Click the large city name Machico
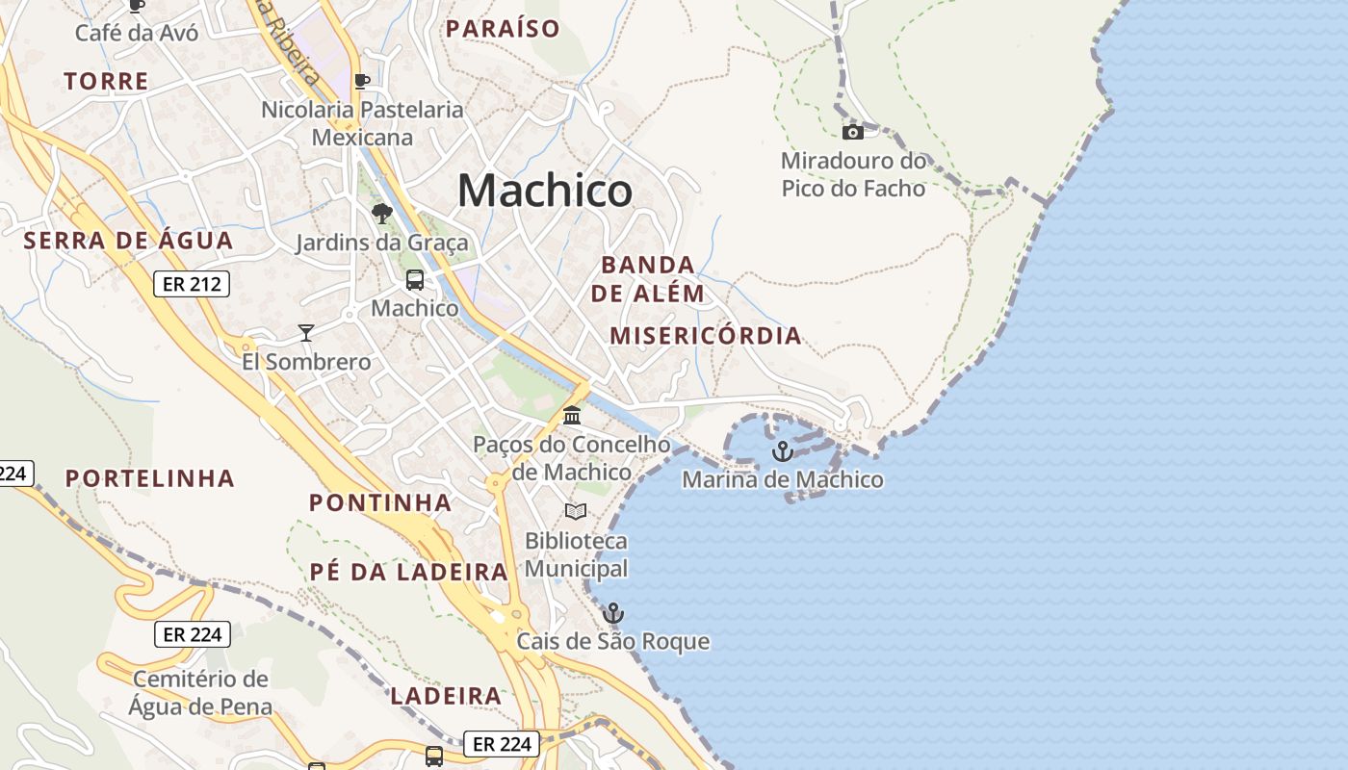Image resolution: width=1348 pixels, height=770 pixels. coord(545,190)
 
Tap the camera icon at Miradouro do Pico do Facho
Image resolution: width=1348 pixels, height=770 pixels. coord(852,133)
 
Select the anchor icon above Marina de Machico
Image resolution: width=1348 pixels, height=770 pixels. coord(783,450)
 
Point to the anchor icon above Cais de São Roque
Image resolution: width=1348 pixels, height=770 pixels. coord(613,613)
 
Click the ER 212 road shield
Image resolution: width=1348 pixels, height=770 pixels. coord(192,284)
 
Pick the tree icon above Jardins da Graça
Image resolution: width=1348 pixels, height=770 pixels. coord(382,214)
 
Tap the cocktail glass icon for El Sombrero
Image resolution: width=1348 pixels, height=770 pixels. coord(306,333)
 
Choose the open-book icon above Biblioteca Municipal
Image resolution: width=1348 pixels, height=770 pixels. coord(576,511)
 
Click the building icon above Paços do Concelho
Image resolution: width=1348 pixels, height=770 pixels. coord(572,416)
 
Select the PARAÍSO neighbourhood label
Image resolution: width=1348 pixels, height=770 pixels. coord(503,29)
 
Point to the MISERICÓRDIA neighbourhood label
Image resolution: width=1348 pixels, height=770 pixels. coord(706,336)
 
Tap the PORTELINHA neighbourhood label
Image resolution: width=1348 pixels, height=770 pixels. coord(150,478)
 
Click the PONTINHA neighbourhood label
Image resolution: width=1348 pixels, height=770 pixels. coord(380,502)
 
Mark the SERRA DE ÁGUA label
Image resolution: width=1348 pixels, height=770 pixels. coord(128,241)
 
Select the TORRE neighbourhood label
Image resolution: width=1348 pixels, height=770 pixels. coord(107,82)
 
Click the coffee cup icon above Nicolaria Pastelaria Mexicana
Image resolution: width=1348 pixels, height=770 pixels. coord(362,81)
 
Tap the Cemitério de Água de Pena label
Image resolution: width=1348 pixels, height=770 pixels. coord(200,693)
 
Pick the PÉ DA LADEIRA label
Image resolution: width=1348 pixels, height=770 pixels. coord(408,572)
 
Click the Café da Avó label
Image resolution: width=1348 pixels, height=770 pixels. coord(137,33)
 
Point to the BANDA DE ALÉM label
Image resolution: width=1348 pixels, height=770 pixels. coord(648,279)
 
